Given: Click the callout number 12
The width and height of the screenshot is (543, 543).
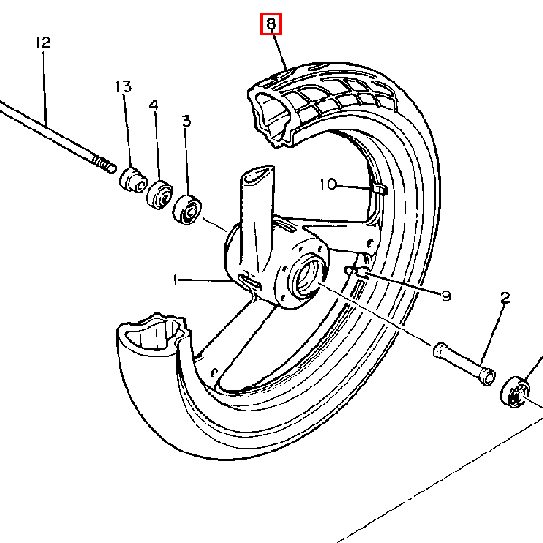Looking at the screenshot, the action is (43, 43).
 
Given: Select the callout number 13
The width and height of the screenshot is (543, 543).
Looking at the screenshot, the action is (123, 87).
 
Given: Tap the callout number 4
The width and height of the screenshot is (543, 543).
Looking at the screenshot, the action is (154, 105).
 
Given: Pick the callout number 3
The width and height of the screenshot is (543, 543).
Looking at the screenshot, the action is (186, 121).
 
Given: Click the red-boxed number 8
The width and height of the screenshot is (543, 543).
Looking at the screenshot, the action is (271, 24).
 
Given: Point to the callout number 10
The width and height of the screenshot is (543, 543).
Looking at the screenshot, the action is (328, 185).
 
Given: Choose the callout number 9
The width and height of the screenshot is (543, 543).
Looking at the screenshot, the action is (446, 296).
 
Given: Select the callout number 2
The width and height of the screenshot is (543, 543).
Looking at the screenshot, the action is (505, 298).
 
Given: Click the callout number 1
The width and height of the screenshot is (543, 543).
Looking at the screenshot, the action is (176, 280).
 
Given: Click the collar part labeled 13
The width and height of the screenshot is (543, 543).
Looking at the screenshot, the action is (133, 180).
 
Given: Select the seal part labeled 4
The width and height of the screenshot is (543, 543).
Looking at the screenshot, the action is (159, 195).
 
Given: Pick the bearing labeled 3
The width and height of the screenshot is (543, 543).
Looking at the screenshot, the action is (187, 210).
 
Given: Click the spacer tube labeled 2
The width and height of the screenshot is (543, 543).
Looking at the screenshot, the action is (464, 364).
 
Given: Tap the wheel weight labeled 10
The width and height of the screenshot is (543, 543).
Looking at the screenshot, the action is (380, 189).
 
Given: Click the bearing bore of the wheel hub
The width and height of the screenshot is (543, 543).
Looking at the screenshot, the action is (307, 276).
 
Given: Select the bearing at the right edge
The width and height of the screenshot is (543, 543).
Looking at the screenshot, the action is (515, 392).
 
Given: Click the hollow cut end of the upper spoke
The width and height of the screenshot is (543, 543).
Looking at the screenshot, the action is (259, 176).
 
